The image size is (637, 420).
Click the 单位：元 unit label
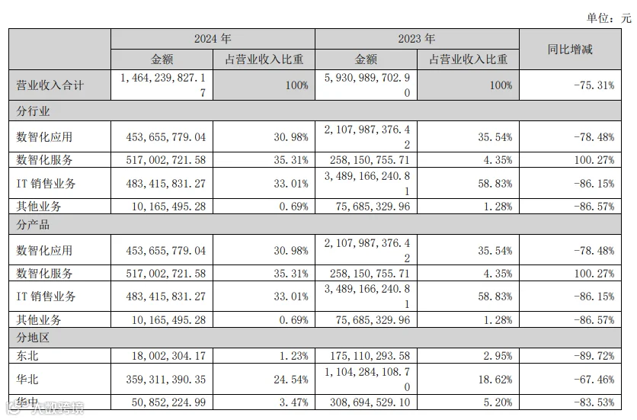[609, 18]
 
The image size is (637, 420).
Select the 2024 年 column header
[213, 39]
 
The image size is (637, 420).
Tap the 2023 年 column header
[416, 39]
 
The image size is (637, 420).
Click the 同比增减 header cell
[570, 50]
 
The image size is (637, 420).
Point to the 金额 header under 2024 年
[162, 59]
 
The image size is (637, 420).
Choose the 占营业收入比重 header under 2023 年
[468, 59]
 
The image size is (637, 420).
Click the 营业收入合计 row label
[50, 85]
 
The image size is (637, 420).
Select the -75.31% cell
[594, 85]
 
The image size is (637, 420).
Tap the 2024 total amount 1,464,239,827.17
[163, 85]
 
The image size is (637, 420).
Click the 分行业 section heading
[33, 111]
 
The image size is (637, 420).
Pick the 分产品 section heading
[33, 224]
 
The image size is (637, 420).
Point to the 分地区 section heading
[33, 338]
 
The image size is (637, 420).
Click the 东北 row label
[27, 356]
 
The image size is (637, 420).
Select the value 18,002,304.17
[168, 356]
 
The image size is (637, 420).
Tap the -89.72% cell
[594, 356]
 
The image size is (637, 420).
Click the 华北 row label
[27, 380]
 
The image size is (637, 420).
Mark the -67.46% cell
[594, 380]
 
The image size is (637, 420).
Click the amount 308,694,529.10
[370, 402]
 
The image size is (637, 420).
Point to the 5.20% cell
[498, 402]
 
